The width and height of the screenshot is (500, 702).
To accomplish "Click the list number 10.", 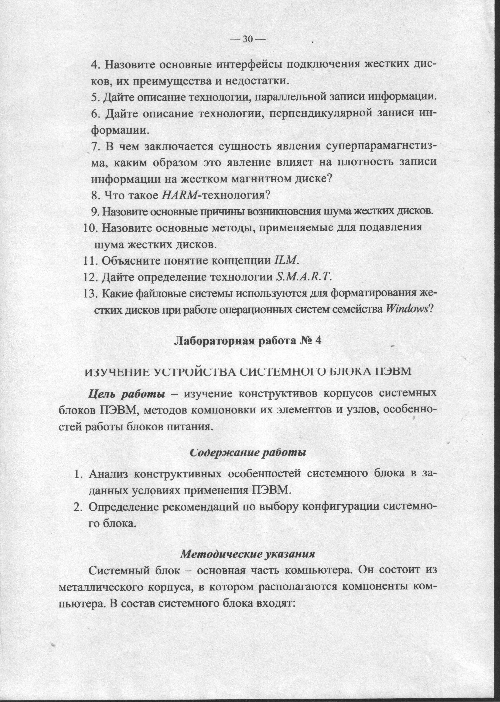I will point(90,228).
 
